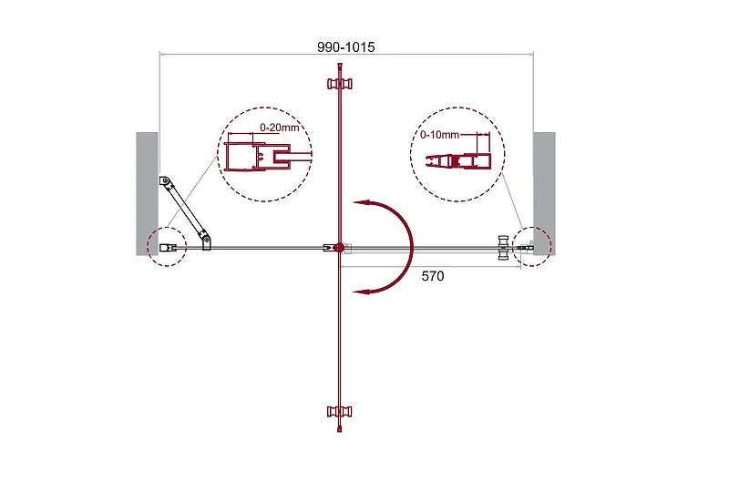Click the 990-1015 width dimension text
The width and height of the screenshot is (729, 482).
click(346, 47)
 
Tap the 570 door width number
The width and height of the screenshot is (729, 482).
click(432, 276)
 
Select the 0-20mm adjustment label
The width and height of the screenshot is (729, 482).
click(280, 127)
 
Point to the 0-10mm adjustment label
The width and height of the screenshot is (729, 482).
click(439, 135)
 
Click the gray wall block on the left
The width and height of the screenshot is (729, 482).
click(147, 193)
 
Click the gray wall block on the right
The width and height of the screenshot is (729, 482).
click(544, 193)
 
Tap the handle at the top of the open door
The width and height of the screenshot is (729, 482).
click(340, 84)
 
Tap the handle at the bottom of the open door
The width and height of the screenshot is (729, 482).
click(340, 411)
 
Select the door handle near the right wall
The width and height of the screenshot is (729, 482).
click(504, 247)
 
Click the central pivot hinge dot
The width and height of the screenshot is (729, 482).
click(339, 247)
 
